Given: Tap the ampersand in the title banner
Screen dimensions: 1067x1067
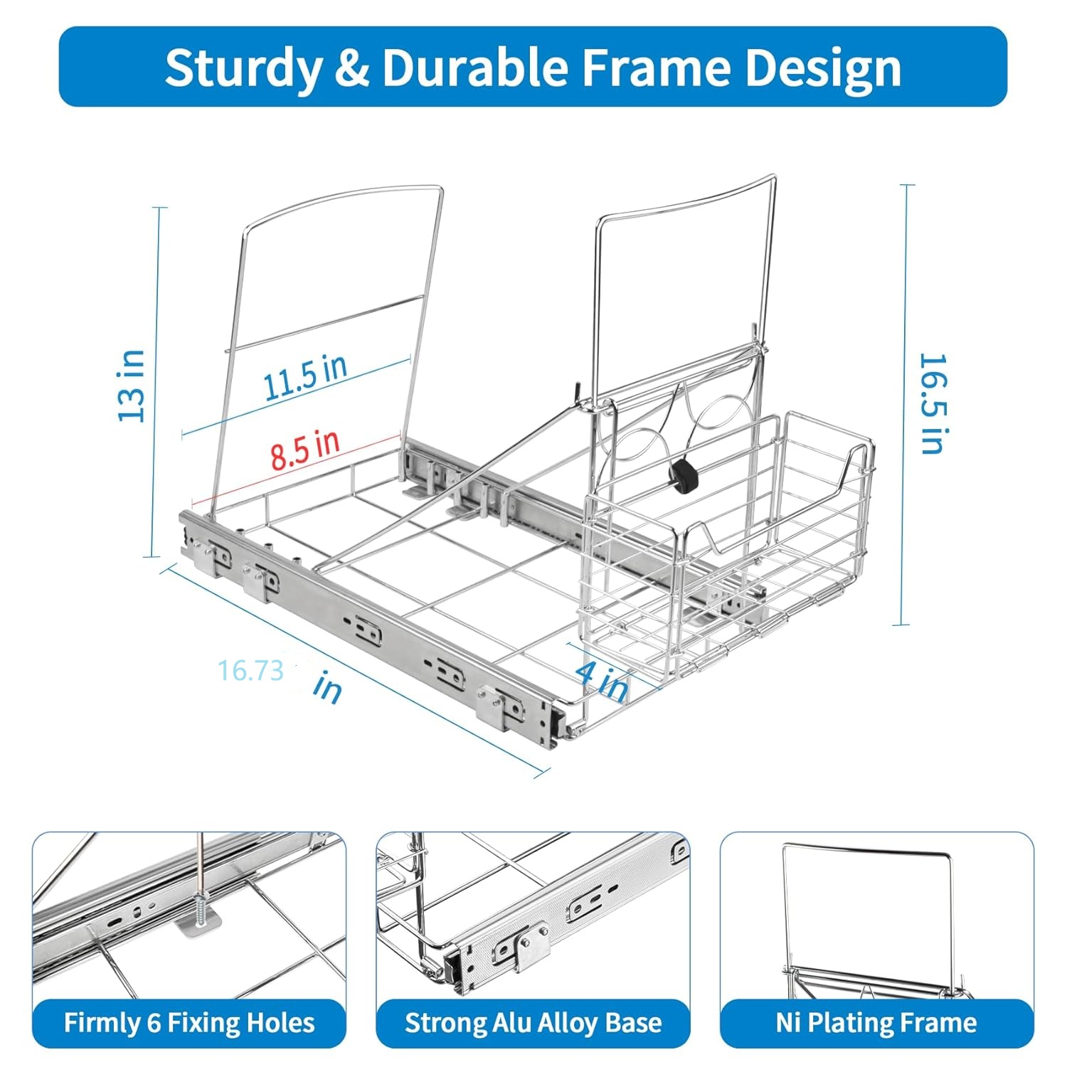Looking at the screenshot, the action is pos(352,68).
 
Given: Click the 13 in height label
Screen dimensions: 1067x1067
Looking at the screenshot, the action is pos(132,386).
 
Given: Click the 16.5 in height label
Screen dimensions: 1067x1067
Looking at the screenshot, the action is pos(933,403).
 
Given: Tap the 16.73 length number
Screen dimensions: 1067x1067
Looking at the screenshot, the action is pos(251,670).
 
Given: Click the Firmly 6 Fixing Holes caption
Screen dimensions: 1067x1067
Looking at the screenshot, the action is pos(189,1023).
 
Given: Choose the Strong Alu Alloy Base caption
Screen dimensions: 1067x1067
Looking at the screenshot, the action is pos(533,1023).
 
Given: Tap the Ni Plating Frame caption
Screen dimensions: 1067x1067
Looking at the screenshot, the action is pos(876,1023).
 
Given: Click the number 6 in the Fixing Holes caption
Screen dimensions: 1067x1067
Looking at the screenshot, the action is pos(154,1023).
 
